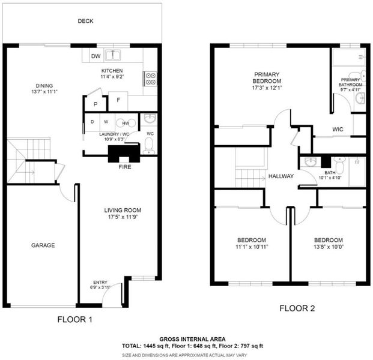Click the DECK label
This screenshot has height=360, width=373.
(85, 21)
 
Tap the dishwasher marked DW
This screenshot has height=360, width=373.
(96, 56)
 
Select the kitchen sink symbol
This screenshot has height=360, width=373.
(113, 55)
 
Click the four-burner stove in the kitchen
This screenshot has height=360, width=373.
(150, 79)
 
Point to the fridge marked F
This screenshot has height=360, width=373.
(118, 101)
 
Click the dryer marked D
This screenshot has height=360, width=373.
(92, 122)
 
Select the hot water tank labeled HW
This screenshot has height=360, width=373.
(126, 123)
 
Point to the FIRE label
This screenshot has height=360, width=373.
(125, 167)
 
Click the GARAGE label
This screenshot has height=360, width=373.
(43, 245)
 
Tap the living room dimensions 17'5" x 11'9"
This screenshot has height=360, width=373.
(123, 217)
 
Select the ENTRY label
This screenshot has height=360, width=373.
(100, 282)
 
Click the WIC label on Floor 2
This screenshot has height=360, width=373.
(338, 129)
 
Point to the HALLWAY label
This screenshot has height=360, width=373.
(281, 176)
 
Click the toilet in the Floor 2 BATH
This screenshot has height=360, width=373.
(339, 165)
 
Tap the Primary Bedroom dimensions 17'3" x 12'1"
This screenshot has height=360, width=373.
(267, 88)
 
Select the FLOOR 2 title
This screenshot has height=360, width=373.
(297, 308)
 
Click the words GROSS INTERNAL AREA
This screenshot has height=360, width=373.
(192, 340)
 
